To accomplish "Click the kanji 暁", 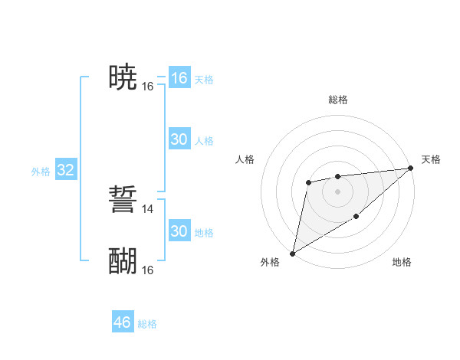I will (x=123, y=77).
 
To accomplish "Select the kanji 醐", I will (x=123, y=261).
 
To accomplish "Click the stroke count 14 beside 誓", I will (x=148, y=208).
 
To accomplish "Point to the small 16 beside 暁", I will (x=148, y=87).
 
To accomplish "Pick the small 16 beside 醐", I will (x=148, y=270).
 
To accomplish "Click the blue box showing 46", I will (x=123, y=322).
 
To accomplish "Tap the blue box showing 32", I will (x=65, y=170).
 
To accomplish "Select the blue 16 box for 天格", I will (x=179, y=78).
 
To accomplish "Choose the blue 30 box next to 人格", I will (x=179, y=139).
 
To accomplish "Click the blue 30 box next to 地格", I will (x=179, y=231).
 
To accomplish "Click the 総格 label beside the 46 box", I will (x=147, y=324).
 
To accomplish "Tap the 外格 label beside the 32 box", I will (x=41, y=172).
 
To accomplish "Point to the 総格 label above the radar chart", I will (x=338, y=100).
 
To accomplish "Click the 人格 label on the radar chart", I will (x=245, y=159).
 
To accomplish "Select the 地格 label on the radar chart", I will (x=402, y=263).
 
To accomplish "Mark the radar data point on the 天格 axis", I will (x=411, y=169).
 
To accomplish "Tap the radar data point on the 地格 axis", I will (x=356, y=218).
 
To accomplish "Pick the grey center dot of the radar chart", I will (x=337, y=191).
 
